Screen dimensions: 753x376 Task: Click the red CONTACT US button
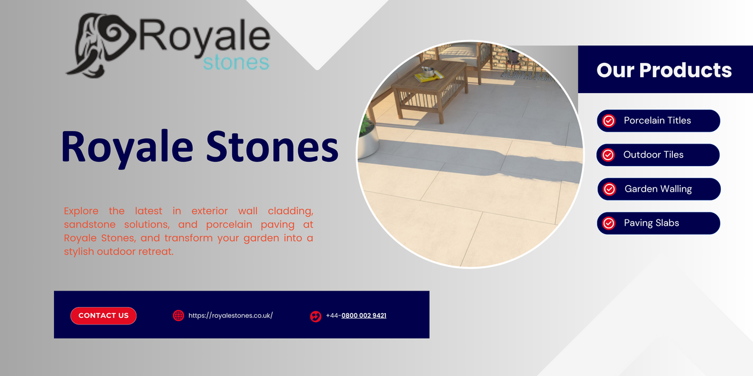pos(103,316)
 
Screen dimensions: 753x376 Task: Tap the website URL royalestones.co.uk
pos(230,316)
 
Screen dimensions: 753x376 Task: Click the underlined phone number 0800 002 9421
pos(363,316)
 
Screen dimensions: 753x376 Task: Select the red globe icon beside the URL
pos(178,316)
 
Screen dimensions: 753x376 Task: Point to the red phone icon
pos(315,316)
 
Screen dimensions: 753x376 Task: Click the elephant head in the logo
pos(101,45)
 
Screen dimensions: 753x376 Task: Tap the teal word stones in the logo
pos(236,62)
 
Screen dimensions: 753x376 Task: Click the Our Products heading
pos(664,70)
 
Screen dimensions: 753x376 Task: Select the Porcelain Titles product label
pos(657,120)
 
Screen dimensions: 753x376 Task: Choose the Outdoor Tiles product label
pos(653,154)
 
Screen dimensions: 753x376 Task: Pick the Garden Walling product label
pos(658,189)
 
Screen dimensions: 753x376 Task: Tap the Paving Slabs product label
pos(651,223)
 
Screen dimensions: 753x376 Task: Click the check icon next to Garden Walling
pos(609,189)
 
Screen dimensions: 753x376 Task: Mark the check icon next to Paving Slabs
pos(609,223)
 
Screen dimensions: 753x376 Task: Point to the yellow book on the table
pos(429,77)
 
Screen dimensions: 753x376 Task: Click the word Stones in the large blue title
pos(272,146)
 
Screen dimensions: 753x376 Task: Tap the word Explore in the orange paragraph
pos(81,211)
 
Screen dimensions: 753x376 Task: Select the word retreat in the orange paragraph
pos(156,251)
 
